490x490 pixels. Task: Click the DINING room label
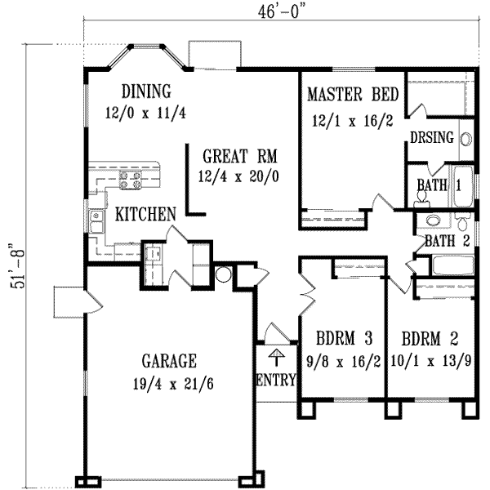coord(145,91)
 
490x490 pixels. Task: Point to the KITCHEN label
coord(146,215)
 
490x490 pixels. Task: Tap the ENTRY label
coord(275,380)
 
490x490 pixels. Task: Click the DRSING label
coord(432,137)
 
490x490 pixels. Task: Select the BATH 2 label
coord(445,240)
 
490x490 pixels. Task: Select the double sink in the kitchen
coord(96,219)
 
